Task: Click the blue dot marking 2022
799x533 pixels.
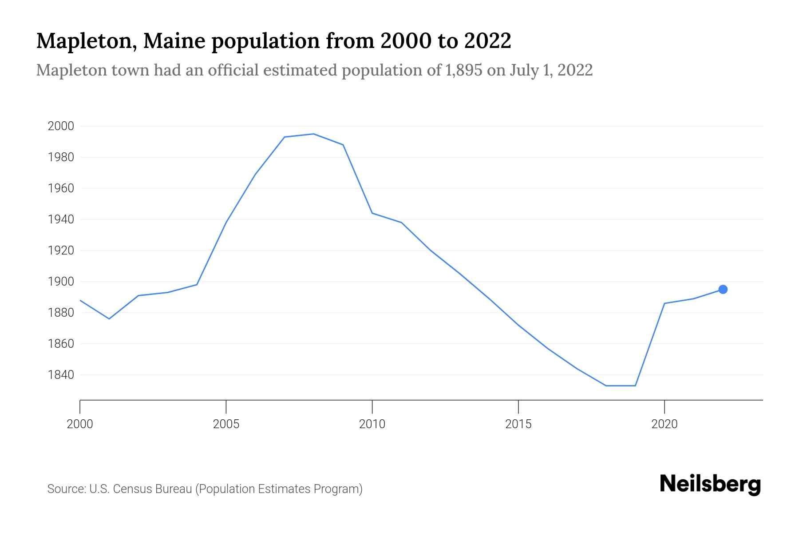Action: [723, 290]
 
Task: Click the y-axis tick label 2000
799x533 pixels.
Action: [60, 126]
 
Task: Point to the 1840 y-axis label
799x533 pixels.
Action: [60, 375]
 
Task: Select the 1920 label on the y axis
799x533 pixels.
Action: [60, 251]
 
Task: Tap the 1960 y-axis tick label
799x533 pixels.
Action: [60, 188]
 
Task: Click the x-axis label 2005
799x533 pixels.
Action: [226, 424]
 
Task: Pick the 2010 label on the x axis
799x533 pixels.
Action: [372, 424]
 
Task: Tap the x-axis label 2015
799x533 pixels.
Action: [518, 424]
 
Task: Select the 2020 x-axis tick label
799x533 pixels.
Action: [664, 424]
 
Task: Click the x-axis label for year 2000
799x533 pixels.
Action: [80, 424]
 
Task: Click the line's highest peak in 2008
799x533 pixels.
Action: [314, 134]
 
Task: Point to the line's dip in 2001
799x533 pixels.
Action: [109, 319]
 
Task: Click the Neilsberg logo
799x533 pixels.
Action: [710, 484]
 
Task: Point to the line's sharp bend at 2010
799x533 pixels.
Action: [372, 213]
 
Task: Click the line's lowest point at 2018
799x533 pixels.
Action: [606, 386]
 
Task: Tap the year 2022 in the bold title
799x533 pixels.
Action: [488, 41]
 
